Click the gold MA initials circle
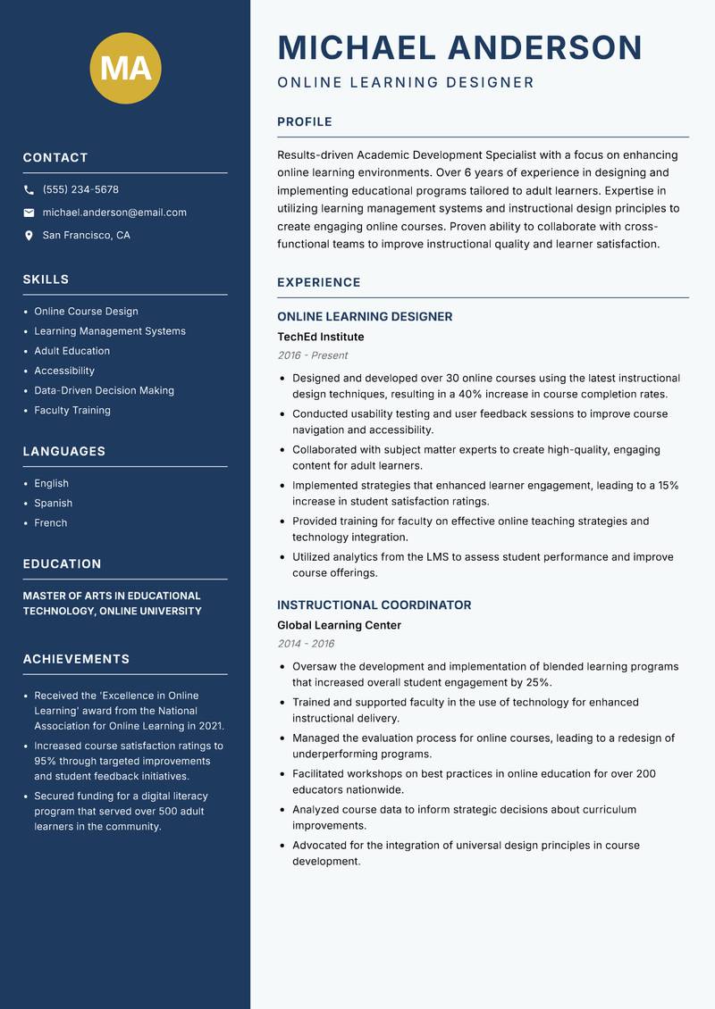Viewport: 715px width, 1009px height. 125,67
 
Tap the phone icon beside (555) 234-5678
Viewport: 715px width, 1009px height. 29,190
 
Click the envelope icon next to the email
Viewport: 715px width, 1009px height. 29,213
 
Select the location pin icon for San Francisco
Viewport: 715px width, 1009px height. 29,236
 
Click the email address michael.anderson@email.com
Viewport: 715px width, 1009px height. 114,213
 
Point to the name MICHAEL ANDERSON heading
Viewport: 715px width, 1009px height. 459,47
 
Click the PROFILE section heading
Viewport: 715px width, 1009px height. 304,122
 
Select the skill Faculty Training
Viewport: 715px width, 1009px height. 72,411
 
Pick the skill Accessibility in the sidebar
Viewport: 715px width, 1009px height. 64,371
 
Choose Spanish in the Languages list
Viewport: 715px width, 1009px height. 53,504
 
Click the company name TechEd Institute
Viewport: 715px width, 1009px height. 320,337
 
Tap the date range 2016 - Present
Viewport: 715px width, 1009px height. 312,355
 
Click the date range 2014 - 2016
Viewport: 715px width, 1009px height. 306,644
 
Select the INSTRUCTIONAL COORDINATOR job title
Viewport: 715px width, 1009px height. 374,605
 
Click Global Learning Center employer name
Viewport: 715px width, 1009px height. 339,625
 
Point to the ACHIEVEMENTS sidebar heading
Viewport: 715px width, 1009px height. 76,659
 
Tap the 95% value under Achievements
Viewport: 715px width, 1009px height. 46,762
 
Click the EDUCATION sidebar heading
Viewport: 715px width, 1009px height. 62,564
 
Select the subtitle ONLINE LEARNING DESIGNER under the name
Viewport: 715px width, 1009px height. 406,83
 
